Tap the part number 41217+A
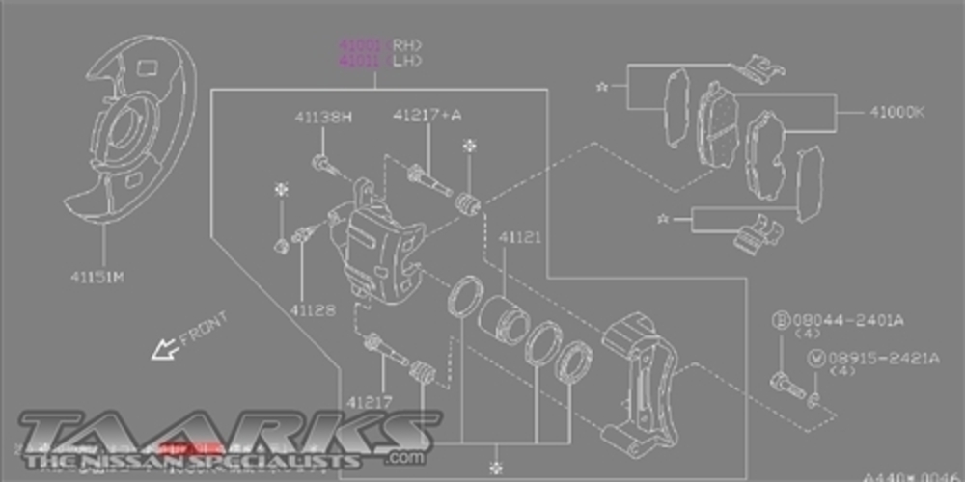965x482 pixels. point(427,116)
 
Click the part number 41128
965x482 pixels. point(310,310)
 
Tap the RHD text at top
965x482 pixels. point(406,44)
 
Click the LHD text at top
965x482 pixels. point(406,61)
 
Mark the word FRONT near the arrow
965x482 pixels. point(204,327)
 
